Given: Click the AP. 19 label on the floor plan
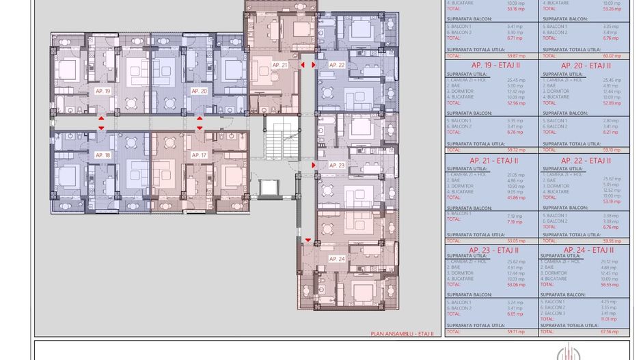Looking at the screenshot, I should [x=103, y=91].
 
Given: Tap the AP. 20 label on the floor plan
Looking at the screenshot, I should [x=199, y=91].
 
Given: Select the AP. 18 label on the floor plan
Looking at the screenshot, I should [x=103, y=155].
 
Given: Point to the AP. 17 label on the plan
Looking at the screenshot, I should [x=199, y=155].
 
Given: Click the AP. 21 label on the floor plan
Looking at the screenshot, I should [x=279, y=65].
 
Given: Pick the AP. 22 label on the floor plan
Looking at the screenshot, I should [x=337, y=65].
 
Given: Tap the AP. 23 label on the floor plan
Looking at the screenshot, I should [x=337, y=165].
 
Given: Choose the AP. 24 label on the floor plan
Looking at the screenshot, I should [x=337, y=259].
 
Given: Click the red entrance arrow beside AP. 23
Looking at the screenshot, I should [x=314, y=165].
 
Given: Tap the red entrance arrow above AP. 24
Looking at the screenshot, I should [x=308, y=240].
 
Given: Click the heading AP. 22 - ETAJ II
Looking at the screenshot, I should [x=586, y=161].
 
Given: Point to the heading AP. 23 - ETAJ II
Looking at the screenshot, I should [x=493, y=251].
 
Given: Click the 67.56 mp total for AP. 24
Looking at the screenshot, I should [x=610, y=331].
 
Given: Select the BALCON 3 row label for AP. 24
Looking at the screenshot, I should [x=554, y=314].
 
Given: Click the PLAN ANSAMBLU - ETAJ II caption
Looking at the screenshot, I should [x=402, y=334].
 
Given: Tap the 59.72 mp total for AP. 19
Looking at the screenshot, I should [x=516, y=150].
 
